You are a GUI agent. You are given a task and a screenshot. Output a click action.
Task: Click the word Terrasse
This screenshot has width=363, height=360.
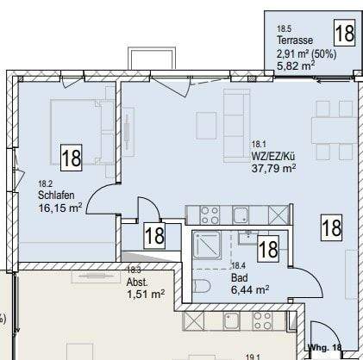click(x=294, y=40)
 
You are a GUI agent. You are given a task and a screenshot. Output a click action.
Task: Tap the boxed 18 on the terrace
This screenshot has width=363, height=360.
click(x=343, y=34)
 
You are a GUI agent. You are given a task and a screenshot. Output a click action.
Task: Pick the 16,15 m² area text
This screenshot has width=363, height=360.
click(x=60, y=208)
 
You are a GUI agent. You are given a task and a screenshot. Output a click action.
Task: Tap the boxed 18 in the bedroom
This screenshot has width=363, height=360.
click(x=71, y=157)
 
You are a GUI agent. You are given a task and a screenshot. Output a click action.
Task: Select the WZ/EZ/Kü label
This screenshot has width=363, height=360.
click(x=273, y=156)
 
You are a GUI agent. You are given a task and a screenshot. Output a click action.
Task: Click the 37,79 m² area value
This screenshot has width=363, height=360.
click(x=273, y=168)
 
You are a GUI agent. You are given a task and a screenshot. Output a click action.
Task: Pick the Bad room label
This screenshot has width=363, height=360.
click(x=239, y=278)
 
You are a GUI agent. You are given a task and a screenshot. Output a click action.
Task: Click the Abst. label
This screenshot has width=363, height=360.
click(x=136, y=282)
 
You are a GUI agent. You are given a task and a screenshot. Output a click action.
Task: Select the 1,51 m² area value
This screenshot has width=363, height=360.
click(x=146, y=295)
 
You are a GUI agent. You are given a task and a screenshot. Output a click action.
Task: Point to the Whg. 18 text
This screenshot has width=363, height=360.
click(x=325, y=348)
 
